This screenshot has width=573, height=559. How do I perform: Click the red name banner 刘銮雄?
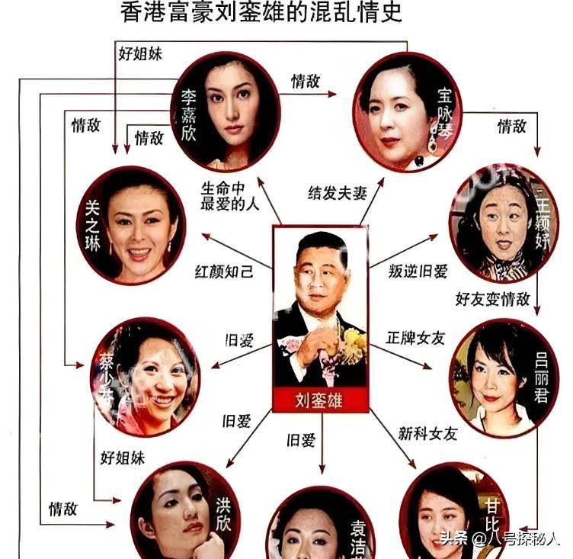(x=321, y=398)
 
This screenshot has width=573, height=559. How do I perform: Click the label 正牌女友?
(x=415, y=337)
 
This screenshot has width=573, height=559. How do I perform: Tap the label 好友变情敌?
(x=492, y=298)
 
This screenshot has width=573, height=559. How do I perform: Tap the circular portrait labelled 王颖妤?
(x=499, y=224)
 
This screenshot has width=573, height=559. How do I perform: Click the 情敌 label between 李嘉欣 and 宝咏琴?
(x=306, y=82)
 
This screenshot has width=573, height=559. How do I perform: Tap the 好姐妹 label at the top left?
(x=139, y=54)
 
